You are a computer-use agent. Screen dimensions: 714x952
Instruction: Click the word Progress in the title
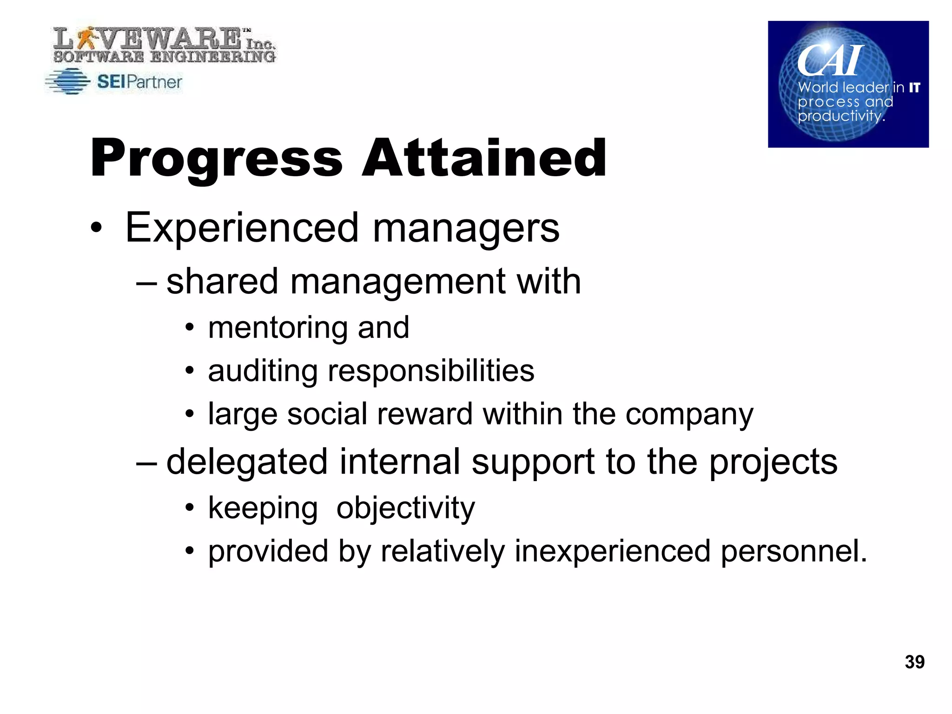[216, 159]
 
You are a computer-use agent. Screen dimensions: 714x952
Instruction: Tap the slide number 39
[914, 662]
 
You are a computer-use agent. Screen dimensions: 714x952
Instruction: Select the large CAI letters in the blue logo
[830, 60]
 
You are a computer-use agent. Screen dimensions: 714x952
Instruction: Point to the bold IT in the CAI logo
[914, 87]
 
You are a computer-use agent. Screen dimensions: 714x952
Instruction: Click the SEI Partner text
[139, 82]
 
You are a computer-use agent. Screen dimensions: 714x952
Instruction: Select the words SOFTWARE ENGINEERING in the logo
[164, 57]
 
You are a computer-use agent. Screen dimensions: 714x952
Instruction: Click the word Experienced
[242, 228]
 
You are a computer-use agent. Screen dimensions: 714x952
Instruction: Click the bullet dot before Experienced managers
[96, 228]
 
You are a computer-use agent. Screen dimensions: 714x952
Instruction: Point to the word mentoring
[278, 328]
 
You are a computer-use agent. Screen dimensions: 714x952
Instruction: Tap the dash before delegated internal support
[147, 463]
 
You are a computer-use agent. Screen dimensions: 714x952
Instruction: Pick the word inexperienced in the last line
[612, 551]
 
